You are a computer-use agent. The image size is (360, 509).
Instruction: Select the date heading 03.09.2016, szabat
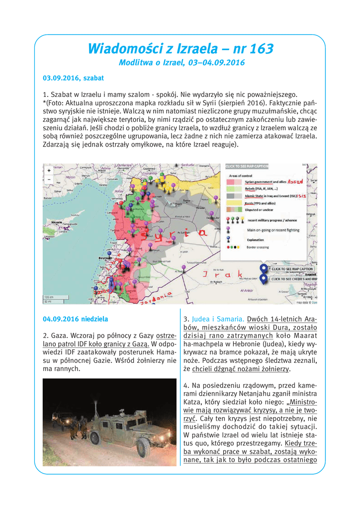click(74, 79)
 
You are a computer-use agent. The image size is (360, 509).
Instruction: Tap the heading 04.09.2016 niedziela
click(75, 319)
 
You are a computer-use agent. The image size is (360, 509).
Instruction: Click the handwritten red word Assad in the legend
click(298, 182)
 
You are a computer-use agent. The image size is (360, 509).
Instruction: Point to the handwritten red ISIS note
click(302, 196)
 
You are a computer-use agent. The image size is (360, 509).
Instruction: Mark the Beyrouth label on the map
click(105, 258)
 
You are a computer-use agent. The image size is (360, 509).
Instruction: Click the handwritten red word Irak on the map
click(221, 274)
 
